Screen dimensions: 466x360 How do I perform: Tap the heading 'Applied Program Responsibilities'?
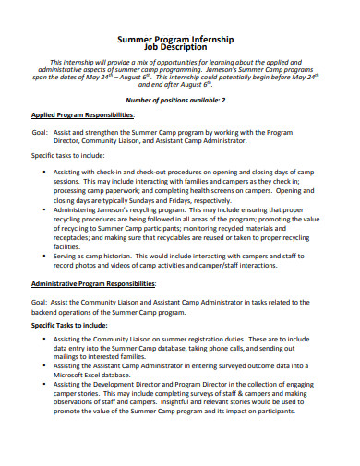tap(83, 115)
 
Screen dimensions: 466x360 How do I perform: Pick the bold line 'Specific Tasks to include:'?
tap(70, 326)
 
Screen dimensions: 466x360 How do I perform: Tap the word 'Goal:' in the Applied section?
tap(41, 132)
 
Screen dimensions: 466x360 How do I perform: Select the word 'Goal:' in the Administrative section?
tap(41, 301)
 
